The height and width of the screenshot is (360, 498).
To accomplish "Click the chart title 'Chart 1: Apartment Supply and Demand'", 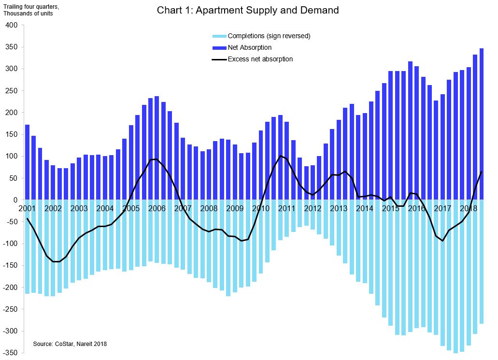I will (x=248, y=10).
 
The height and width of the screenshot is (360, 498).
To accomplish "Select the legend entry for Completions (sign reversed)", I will (x=269, y=36).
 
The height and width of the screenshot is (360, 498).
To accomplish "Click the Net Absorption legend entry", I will (x=249, y=47).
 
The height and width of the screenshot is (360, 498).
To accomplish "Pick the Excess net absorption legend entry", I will (x=260, y=59).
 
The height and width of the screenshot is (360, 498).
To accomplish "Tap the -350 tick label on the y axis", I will (x=10, y=353).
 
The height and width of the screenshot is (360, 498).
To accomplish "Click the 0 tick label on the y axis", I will (x=15, y=200).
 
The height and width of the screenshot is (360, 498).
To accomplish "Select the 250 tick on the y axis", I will (x=11, y=91).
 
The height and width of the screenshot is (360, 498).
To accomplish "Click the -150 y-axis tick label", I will (x=10, y=266).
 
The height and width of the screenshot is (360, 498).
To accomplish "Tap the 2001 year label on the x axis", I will (x=27, y=209).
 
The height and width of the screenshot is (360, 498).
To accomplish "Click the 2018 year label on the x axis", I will (x=469, y=209).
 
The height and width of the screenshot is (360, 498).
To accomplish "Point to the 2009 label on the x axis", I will (x=235, y=209).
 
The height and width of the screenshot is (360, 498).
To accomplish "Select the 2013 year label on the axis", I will (x=339, y=209).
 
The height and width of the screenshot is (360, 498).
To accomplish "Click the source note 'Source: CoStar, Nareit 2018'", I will (x=70, y=344).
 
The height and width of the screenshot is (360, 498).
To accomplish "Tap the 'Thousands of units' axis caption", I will (x=28, y=13).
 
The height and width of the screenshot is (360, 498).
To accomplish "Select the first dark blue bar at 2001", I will (x=27, y=162).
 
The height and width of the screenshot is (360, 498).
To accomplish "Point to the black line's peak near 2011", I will (x=281, y=156).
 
